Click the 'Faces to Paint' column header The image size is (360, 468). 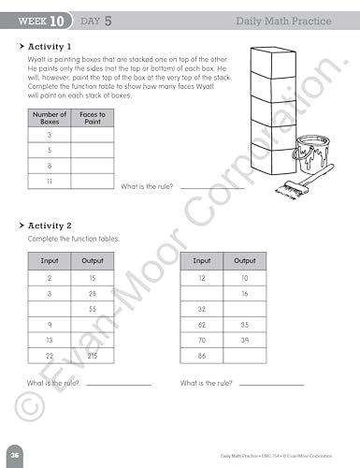(x=92, y=117)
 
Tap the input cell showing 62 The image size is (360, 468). (x=201, y=325)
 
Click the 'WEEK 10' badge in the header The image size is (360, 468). (x=43, y=19)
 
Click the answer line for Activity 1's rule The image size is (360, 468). (x=210, y=186)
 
